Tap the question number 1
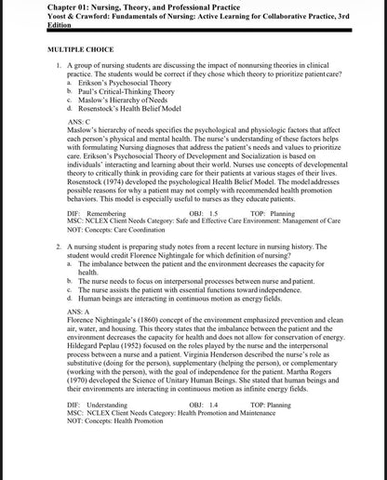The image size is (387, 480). point(59,66)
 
